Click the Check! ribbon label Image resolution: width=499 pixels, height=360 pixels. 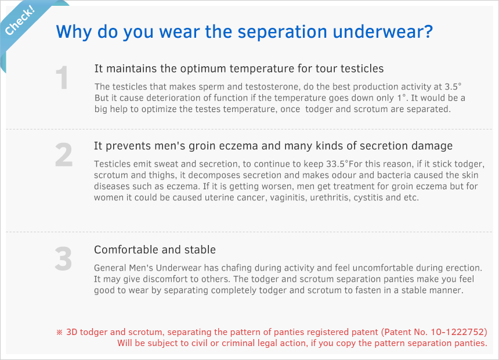pos(20,21)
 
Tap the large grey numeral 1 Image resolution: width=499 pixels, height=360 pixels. pos(62,77)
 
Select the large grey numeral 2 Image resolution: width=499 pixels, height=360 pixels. pos(64,155)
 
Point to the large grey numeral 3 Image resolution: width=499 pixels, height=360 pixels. pos(63,259)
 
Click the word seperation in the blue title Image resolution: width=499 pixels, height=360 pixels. pos(282,32)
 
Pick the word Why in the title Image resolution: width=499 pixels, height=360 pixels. pos(74,32)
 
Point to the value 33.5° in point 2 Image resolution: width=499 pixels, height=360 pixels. pos(337,164)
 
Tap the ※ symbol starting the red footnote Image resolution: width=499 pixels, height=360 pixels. pos(60,332)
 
